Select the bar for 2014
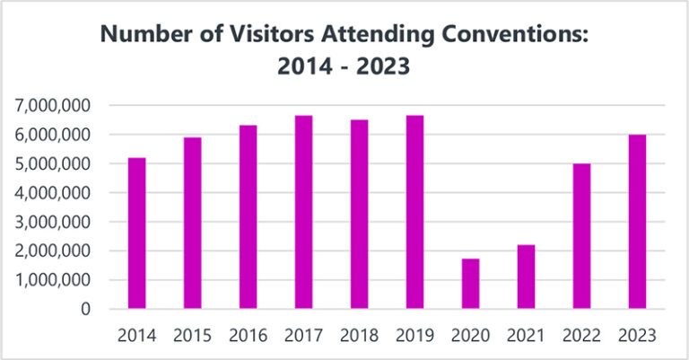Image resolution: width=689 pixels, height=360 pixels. [136, 233]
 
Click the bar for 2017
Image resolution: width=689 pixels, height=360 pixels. [303, 212]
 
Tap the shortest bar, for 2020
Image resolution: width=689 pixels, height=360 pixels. [470, 284]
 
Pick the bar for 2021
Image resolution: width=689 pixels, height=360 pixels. [526, 277]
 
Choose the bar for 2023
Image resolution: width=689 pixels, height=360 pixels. [637, 222]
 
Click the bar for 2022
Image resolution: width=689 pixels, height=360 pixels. [581, 236]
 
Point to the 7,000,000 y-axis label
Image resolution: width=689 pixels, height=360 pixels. [53, 106]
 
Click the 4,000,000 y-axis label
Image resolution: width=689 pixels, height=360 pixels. [53, 193]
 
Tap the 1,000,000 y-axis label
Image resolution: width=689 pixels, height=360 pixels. [53, 280]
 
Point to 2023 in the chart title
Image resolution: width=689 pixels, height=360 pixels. [384, 67]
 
